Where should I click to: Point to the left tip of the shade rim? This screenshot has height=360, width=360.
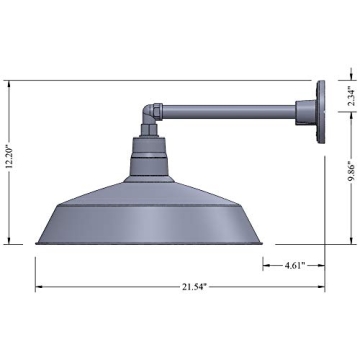pyautogui.click(x=37, y=243)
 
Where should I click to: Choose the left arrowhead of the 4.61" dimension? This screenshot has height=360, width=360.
pyautogui.click(x=266, y=265)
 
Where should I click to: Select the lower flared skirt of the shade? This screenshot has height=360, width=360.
pyautogui.click(x=152, y=228)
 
